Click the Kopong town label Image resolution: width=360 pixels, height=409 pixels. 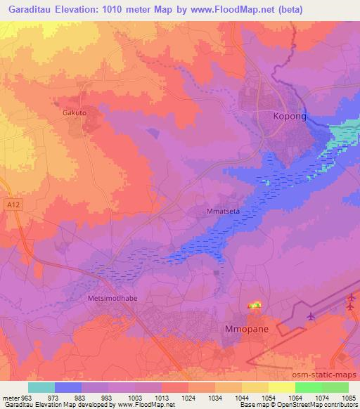tap(290, 117)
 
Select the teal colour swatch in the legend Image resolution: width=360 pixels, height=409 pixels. tap(41, 387)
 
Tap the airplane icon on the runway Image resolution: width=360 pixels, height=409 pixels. tap(311, 316)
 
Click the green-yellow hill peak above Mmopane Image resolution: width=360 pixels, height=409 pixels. tap(254, 305)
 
